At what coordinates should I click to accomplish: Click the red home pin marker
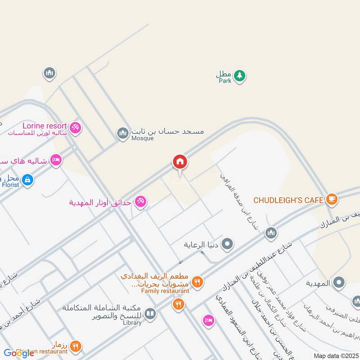180,162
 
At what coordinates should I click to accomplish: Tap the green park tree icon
240,75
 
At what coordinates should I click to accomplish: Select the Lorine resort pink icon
76,128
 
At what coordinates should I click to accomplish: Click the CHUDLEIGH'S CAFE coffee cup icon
332,199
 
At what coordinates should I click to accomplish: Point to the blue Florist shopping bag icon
28,180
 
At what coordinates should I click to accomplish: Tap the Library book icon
150,314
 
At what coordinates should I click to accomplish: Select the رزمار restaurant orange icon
76,346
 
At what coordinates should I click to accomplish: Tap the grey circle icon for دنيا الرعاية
228,244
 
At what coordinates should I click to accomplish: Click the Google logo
19,353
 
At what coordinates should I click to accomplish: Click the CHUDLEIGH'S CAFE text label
288,199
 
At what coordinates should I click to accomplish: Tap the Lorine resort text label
46,126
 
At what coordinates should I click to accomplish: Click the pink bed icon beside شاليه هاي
56,160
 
